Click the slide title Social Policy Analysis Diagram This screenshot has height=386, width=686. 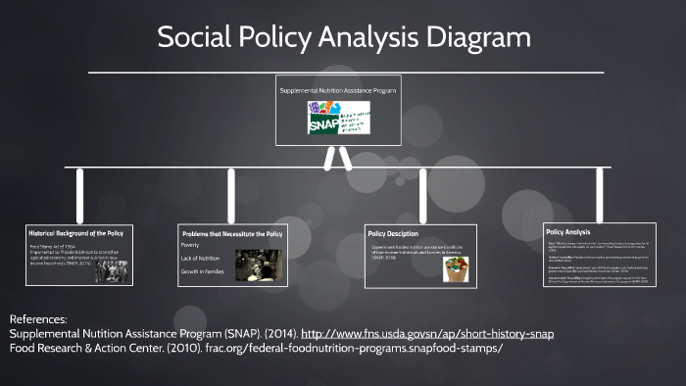(x=343, y=38)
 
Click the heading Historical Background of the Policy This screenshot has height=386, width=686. (x=76, y=234)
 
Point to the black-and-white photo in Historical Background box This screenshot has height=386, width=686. (x=110, y=270)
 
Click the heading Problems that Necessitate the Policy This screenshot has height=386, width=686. (x=231, y=234)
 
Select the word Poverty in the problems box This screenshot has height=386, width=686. (x=190, y=245)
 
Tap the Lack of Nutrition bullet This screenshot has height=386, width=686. (x=200, y=258)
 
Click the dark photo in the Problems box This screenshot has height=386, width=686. (x=258, y=265)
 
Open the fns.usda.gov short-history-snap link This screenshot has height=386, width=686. (x=428, y=334)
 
